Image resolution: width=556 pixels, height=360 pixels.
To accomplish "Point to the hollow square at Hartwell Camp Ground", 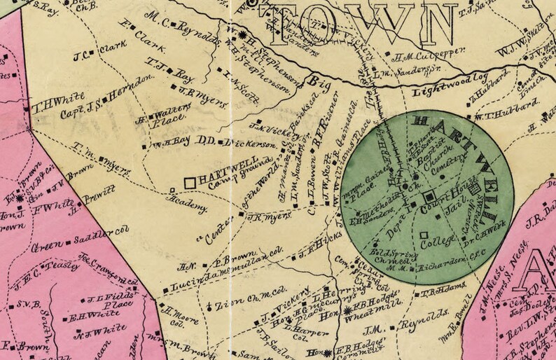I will pyautogui.click(x=189, y=182).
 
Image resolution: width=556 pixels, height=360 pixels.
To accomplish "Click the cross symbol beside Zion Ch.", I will pyautogui.click(x=210, y=306).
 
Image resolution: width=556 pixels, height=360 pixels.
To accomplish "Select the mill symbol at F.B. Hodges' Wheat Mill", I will pyautogui.click(x=348, y=310).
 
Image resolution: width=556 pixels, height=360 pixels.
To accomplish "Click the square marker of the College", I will pyautogui.click(x=424, y=234).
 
